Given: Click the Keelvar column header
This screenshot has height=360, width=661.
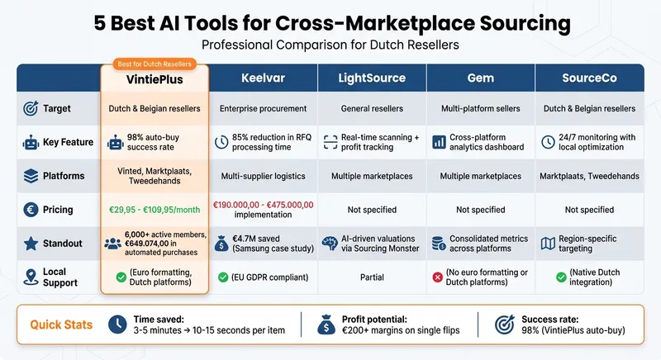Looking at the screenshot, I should tap(262, 78).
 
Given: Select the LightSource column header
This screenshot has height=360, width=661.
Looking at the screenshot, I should tap(372, 78).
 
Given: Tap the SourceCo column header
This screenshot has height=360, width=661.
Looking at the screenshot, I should tap(590, 78).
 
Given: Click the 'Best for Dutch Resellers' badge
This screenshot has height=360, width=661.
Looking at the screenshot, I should tap(155, 64).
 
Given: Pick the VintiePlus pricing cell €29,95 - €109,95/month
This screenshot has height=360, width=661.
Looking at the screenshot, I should tap(155, 210).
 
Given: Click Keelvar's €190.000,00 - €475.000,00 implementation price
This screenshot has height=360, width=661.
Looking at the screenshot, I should tap(263, 210).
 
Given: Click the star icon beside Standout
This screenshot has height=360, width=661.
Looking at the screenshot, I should tap(30, 244).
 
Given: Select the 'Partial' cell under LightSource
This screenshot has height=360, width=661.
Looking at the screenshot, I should tap(372, 278).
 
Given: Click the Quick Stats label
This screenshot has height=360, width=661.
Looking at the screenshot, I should tap(62, 324).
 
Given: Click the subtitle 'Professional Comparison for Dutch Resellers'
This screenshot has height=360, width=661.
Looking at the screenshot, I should tap(330, 44).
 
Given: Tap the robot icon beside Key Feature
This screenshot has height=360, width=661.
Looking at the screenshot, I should tap(30, 142).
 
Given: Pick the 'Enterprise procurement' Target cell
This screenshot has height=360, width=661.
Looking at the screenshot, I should tap(263, 108).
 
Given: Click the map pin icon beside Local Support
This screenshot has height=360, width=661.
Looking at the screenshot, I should tap(30, 278).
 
